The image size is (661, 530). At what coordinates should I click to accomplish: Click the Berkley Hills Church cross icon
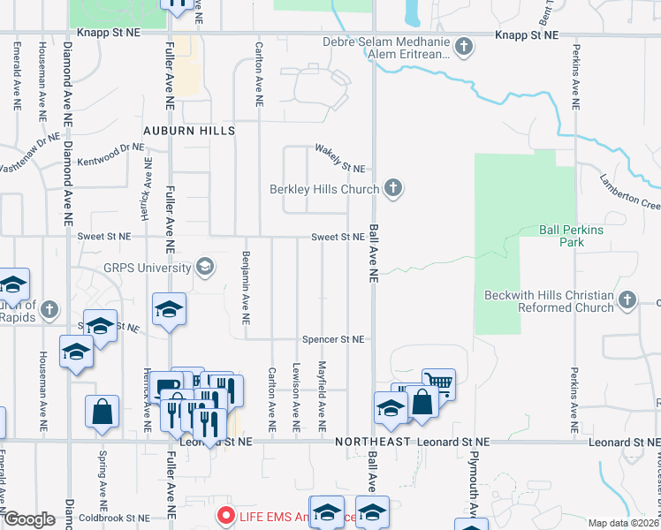click(x=394, y=187)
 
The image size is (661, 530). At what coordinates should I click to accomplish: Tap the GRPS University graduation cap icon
click(x=206, y=267)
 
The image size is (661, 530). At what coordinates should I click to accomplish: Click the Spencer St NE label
click(x=333, y=339)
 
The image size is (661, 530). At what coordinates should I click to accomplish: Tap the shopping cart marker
click(x=438, y=383)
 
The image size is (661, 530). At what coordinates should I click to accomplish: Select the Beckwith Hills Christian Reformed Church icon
click(x=627, y=301)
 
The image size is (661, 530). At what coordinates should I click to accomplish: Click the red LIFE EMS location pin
click(x=225, y=516)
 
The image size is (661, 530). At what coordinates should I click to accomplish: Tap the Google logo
click(x=29, y=519)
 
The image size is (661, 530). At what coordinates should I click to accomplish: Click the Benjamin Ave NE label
click(x=246, y=288)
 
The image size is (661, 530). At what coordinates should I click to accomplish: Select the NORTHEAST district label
click(x=371, y=441)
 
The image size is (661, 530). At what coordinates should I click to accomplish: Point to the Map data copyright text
click(x=624, y=523)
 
